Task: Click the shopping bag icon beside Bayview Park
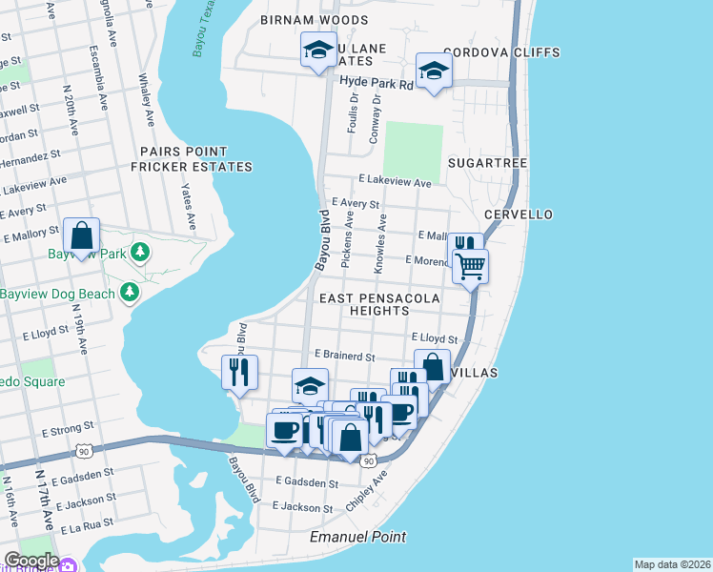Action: coord(83,235)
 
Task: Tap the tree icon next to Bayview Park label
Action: coord(140,253)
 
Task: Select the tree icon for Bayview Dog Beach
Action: coord(129,293)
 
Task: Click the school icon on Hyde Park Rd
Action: coord(434,71)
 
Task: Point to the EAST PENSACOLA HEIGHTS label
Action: coord(378,305)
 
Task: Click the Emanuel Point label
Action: coord(358,538)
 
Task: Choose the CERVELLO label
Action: coord(518,214)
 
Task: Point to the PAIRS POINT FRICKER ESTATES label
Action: coord(183,159)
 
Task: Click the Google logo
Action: coord(31,561)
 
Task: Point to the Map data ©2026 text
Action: coord(671,564)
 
